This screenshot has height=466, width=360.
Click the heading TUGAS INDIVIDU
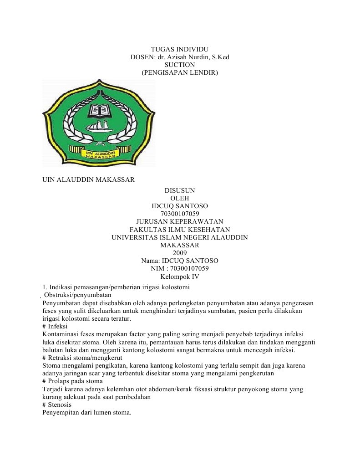[x=180, y=49]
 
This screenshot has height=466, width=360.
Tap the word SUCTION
[x=180, y=65]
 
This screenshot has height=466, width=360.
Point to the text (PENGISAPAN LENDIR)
[x=180, y=72]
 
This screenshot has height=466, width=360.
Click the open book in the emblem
[x=99, y=110]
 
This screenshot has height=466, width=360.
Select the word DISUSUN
[x=180, y=190]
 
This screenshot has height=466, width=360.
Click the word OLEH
[x=180, y=198]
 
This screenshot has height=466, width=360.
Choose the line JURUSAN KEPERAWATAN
[x=180, y=221]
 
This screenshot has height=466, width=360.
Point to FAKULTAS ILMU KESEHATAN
[x=180, y=229]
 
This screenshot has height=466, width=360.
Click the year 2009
[x=180, y=253]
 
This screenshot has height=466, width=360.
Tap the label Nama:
[x=152, y=261]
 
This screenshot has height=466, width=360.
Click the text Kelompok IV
[x=180, y=276]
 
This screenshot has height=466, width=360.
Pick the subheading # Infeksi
[x=55, y=327]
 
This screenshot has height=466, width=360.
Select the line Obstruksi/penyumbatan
[x=71, y=295]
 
